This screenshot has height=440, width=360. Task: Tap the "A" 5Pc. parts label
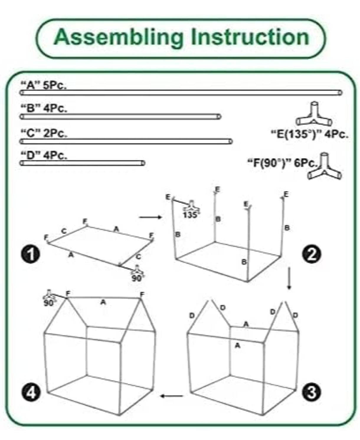coord(44,85)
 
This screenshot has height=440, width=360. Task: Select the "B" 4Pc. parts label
coord(44,108)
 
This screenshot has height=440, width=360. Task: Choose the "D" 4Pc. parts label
coord(44,155)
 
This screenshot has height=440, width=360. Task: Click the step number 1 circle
coord(30,255)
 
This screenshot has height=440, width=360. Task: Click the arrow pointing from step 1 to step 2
coord(150,217)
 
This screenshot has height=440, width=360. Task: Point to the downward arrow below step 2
coord(289,278)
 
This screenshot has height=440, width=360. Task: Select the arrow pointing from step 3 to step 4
coord(172,396)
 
